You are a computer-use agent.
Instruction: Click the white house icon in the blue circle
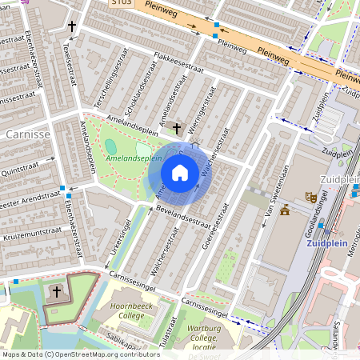180,173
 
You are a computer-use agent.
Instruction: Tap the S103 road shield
121,3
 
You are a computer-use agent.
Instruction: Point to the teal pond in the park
110,146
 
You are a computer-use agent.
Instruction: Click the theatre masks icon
311,197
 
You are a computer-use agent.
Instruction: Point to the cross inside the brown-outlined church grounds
56,293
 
